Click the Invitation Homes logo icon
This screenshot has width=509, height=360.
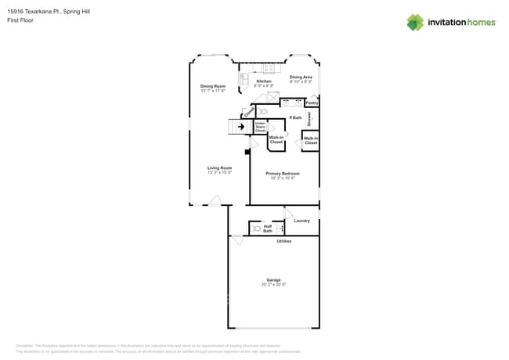click(414, 22)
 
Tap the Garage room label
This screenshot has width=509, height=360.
click(273, 279)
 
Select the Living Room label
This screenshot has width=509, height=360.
click(219, 167)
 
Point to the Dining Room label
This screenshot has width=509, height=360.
click(212, 86)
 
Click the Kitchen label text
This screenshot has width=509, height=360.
click(264, 81)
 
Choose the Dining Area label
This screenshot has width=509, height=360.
click(301, 77)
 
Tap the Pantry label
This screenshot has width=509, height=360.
click(312, 103)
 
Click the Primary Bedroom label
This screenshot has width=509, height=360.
click(283, 173)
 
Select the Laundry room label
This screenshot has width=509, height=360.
click(301, 221)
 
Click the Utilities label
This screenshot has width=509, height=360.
click(284, 241)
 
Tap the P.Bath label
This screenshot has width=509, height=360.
click(295, 117)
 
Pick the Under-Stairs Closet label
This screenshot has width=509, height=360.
click(260, 127)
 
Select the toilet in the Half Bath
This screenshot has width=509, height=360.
click(256, 229)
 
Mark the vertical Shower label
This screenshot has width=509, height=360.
click(309, 119)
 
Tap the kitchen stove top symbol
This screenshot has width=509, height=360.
click(267, 68)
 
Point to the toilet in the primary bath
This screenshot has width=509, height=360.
click(262, 112)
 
